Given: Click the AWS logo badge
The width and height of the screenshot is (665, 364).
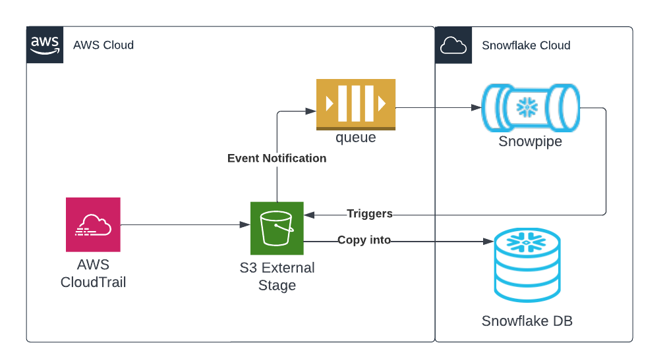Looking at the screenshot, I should point(45,45).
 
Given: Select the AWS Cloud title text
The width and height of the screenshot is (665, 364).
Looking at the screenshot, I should point(103,45).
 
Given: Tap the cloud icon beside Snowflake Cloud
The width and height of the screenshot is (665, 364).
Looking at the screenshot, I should point(453,45).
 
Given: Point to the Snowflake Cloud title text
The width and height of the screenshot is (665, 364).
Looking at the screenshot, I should point(526,45).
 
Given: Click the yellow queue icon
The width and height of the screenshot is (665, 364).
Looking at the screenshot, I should point(356,103).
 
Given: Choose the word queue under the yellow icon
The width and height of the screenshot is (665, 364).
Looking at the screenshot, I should point(356,138).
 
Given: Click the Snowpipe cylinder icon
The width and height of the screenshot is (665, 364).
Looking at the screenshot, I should point(531,107).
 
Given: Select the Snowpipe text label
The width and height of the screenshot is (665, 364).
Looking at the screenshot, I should point(531,142).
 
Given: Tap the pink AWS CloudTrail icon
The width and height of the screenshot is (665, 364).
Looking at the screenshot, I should point(93,224).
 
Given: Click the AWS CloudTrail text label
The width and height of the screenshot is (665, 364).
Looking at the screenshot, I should point(93,274).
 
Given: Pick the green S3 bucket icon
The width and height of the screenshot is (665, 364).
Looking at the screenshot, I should point(277,228).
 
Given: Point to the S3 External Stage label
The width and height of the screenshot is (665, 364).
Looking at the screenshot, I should point(277,277).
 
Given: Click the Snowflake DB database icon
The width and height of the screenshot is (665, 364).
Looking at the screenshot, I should point(527,265).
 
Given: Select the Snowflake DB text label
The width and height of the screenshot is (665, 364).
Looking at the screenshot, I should point(527,321).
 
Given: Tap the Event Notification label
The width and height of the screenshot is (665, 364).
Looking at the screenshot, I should point(277,159).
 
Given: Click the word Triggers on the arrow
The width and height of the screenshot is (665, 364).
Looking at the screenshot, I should point(370,214).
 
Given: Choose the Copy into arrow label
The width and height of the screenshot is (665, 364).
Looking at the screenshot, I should point(364,241).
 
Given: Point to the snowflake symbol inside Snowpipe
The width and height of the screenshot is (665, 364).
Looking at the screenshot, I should point(527,107).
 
